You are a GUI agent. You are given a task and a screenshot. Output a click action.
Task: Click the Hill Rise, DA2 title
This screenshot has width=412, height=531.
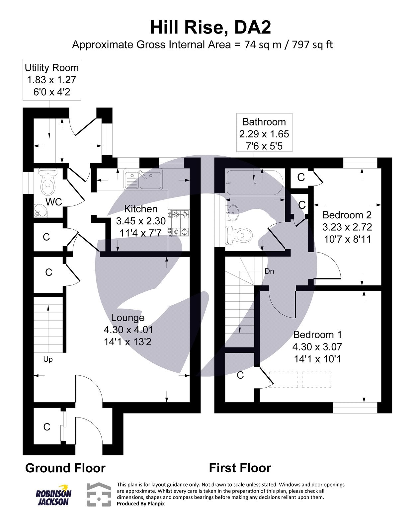(210, 28)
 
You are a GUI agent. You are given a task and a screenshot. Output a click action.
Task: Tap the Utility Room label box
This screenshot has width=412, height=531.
(51, 80)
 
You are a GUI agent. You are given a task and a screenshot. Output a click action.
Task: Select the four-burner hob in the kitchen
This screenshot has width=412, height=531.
(180, 223)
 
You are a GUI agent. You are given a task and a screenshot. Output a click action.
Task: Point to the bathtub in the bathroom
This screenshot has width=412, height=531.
(254, 183)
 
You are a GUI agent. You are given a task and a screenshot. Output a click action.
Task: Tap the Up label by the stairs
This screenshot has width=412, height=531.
(48, 359)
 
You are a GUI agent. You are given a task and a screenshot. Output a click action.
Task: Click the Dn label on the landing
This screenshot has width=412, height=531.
(269, 271)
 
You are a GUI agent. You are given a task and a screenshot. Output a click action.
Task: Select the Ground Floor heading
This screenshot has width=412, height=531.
(65, 468)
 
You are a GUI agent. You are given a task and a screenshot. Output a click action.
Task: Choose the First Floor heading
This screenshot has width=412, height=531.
(240, 468)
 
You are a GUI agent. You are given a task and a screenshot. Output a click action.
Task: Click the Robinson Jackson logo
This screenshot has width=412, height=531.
(53, 494)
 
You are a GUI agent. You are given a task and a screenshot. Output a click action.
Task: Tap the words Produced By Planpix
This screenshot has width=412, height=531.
(140, 503)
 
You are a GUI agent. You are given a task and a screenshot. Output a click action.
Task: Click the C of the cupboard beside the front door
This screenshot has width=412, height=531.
(47, 427)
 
